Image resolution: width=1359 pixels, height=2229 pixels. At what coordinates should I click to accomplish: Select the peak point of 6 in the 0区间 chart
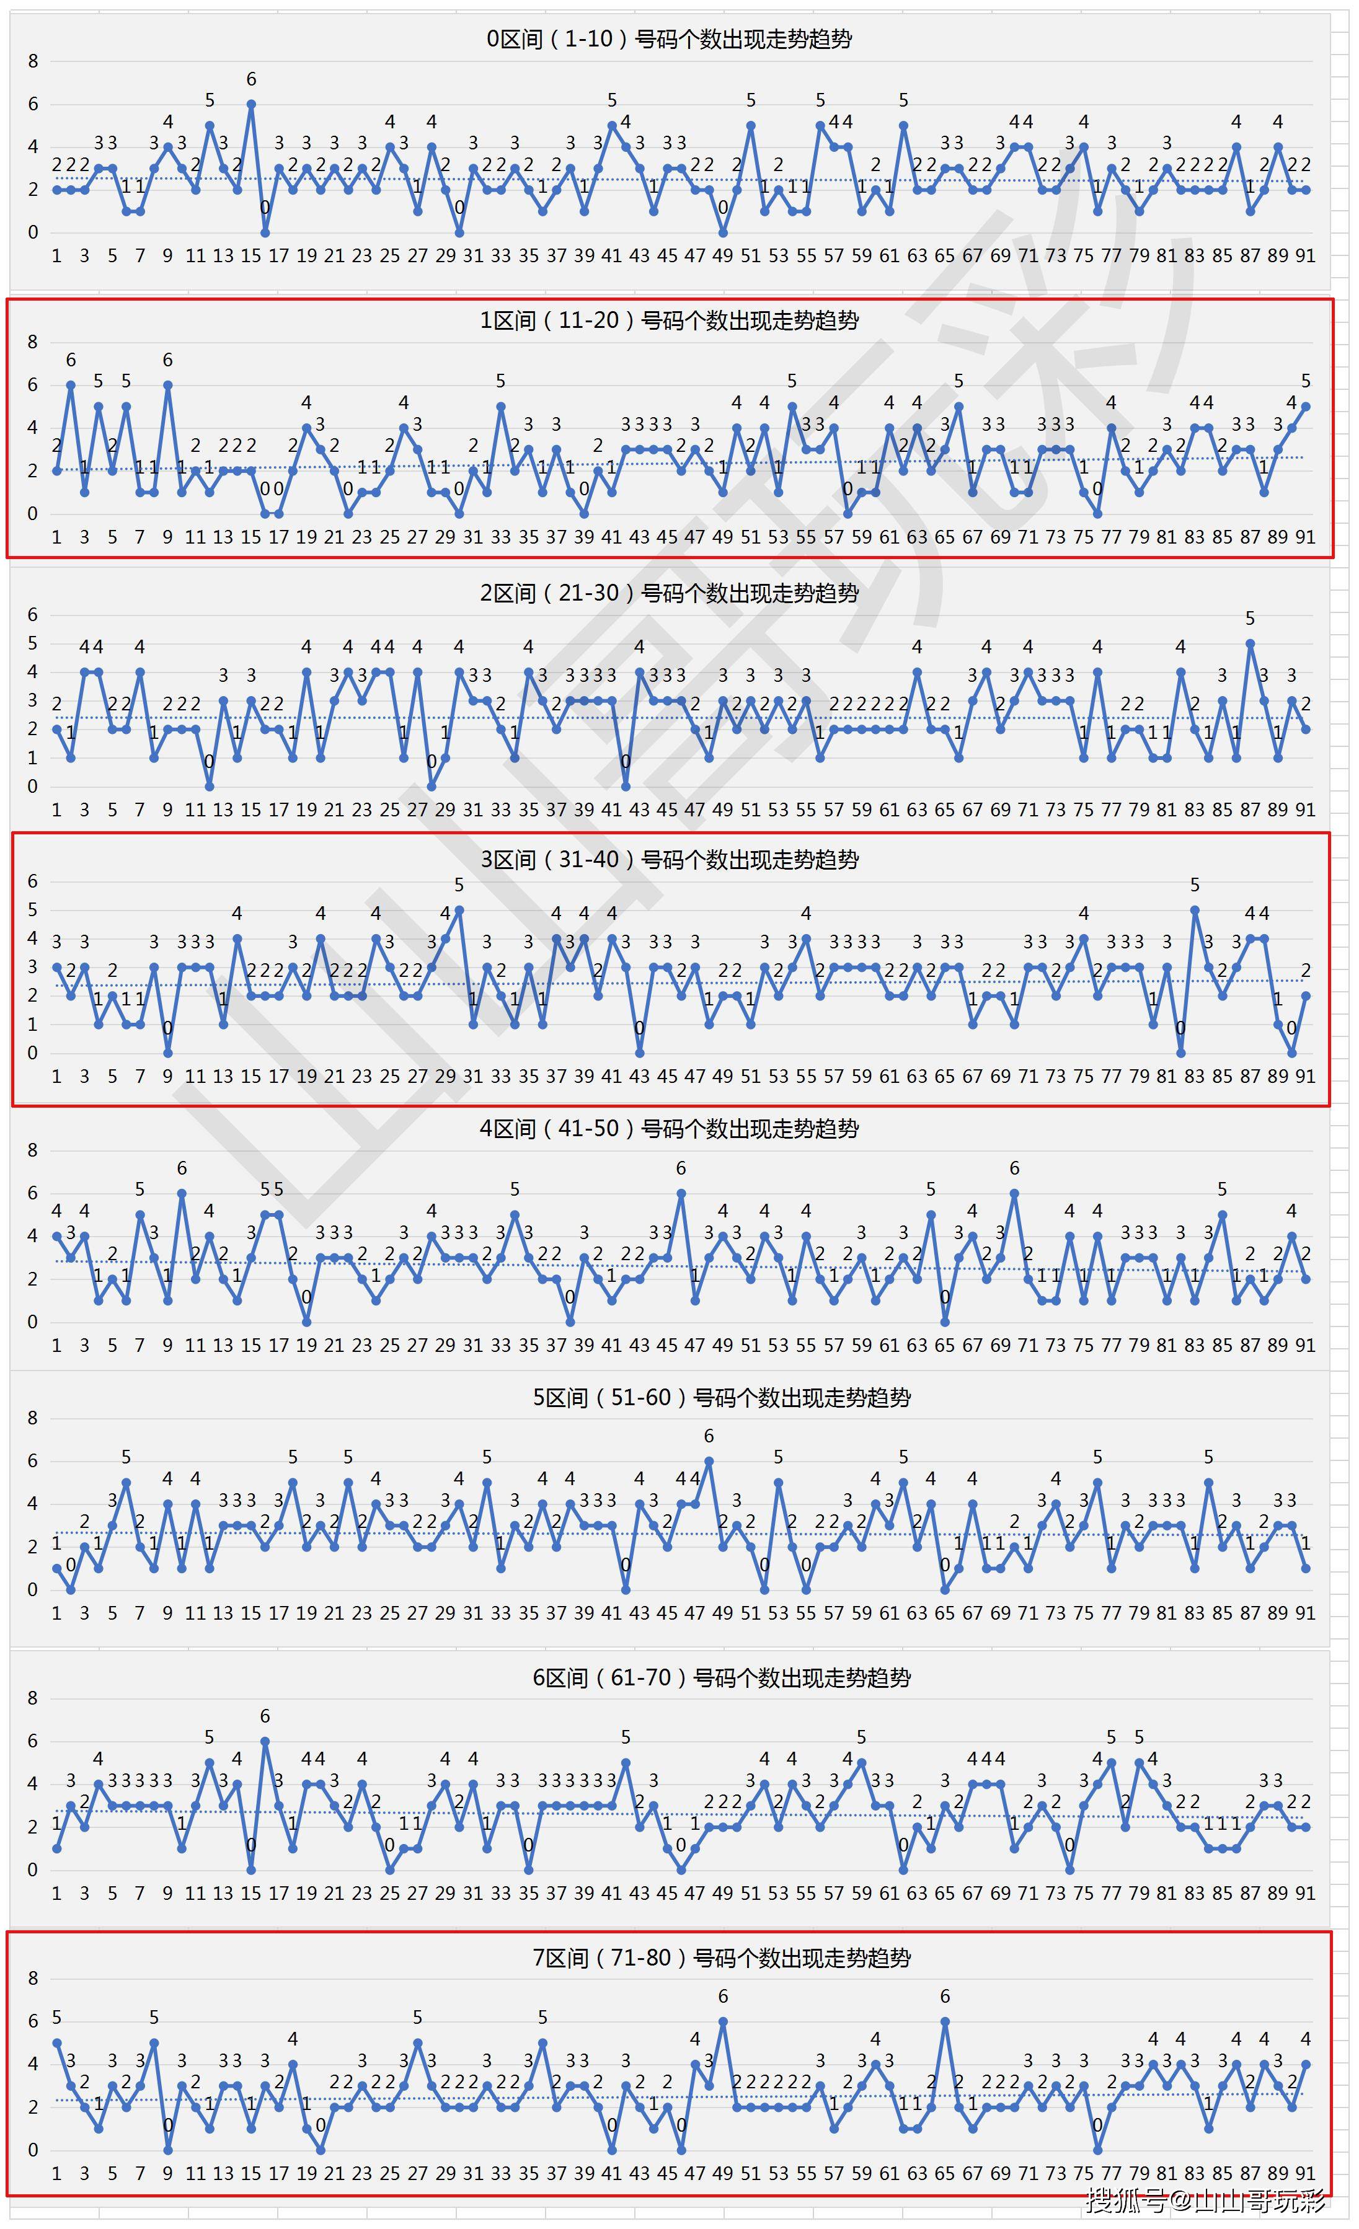point(252,104)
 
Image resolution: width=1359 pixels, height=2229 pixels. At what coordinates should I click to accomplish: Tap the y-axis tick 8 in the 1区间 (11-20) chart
point(33,342)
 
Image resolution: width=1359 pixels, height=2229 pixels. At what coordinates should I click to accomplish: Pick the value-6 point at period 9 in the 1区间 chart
point(167,384)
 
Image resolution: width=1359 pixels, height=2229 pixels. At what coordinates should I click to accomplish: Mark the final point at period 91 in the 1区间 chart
point(1306,406)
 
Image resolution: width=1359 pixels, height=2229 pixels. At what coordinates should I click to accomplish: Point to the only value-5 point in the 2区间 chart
point(1251,643)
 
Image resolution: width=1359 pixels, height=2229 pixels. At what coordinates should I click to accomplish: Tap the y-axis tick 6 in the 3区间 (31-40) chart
point(33,881)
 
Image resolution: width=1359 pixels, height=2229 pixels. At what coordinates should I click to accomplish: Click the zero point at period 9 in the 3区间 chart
point(167,1053)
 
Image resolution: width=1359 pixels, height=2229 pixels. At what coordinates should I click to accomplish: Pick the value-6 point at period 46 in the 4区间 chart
point(681,1193)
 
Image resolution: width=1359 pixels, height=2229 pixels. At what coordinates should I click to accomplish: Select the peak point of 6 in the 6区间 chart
point(265,1741)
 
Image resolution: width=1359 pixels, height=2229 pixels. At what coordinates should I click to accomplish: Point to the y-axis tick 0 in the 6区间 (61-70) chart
point(33,1870)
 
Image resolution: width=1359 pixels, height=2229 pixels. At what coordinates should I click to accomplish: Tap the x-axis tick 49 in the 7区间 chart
point(722,2173)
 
